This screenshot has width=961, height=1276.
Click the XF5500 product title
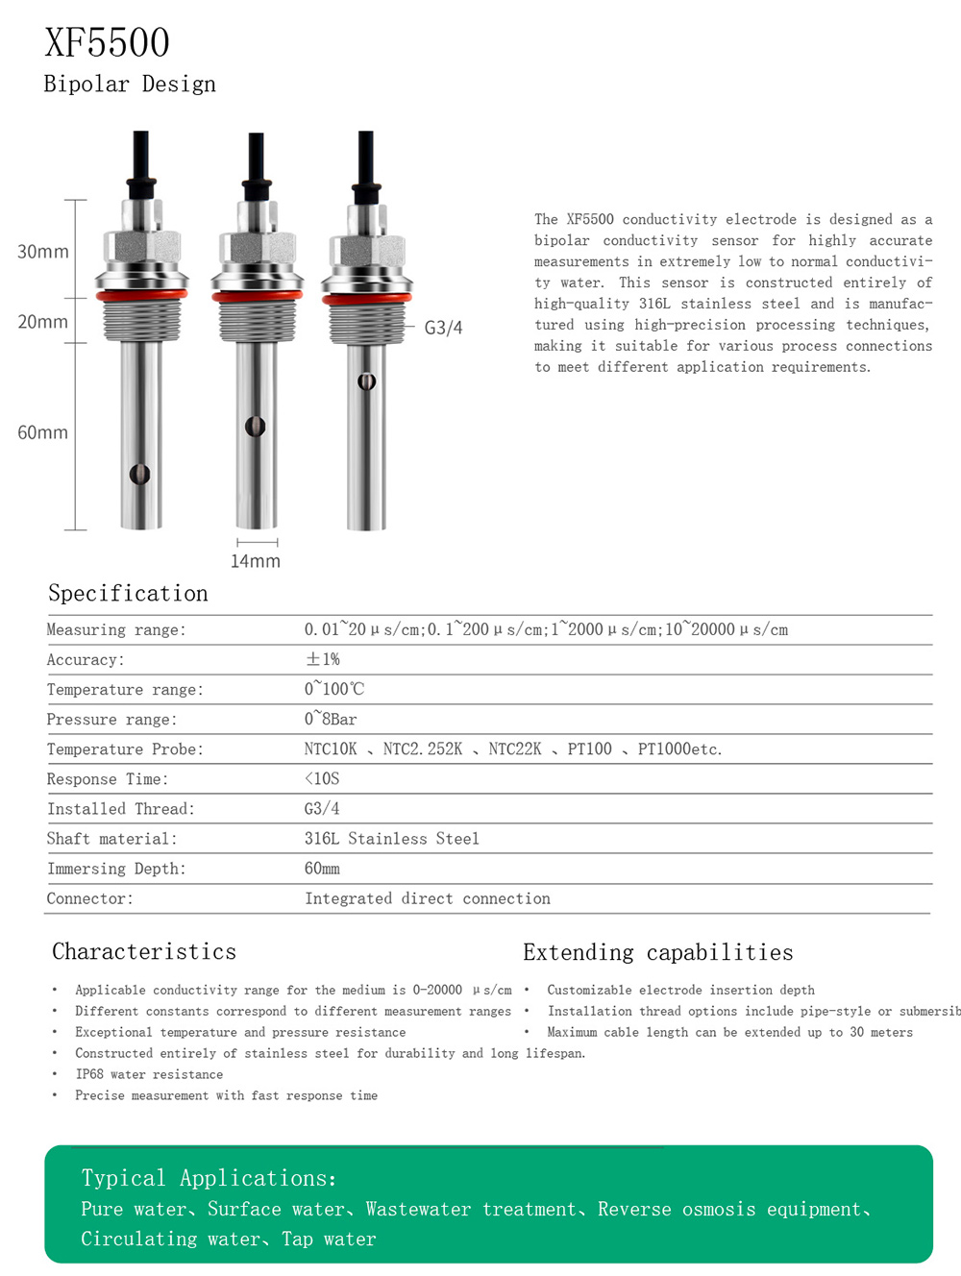coord(107,43)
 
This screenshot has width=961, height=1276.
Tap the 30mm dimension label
coord(43,252)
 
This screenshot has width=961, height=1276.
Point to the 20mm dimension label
coord(43,322)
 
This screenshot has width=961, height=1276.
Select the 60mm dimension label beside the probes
coord(43,432)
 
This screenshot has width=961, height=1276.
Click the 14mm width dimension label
coord(256,561)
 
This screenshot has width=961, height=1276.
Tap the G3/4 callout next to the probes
coord(443,328)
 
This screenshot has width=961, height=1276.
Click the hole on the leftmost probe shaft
coord(140,474)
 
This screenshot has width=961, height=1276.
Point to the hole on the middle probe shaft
coord(255,426)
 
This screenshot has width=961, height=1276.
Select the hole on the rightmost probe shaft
coord(366,381)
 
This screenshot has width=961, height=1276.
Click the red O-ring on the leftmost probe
coord(141,296)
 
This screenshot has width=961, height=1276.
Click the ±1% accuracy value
coord(322,659)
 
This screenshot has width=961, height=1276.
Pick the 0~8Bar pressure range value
coord(330,719)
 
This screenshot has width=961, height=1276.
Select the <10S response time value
coord(322,778)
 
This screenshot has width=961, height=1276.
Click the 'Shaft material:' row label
coord(111,839)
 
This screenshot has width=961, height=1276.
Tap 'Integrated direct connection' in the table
coord(428,898)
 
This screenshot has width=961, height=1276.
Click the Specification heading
coord(128,593)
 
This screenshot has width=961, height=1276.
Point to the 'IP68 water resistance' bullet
coord(149,1074)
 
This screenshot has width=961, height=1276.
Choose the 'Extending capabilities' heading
coord(658,952)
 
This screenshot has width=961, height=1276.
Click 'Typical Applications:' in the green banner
coord(209,1178)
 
